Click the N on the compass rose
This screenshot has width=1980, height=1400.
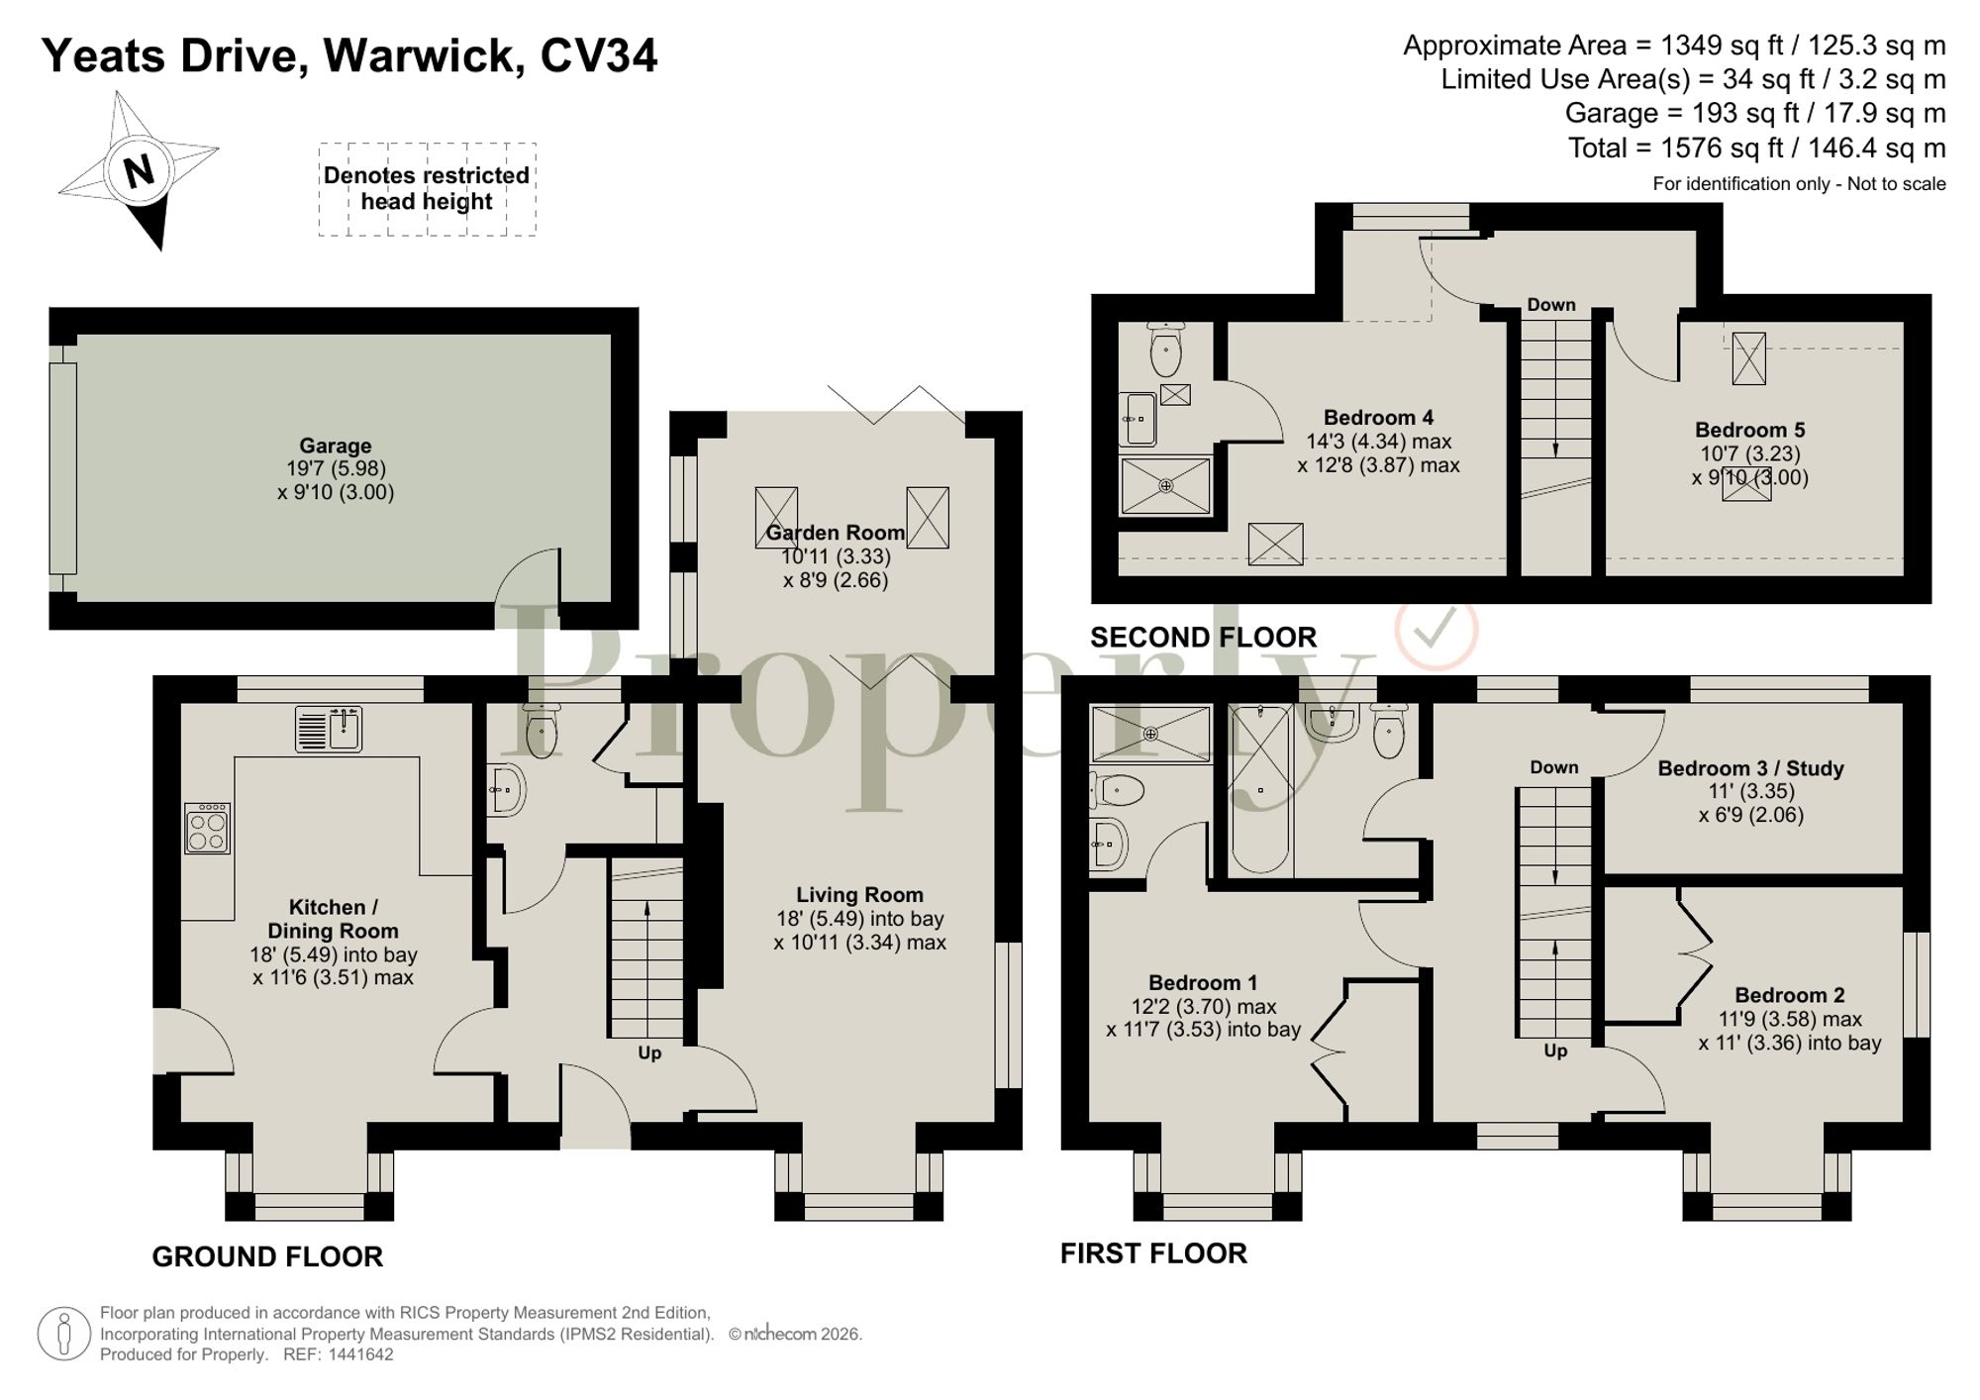(140, 171)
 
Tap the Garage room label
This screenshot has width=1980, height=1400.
(336, 446)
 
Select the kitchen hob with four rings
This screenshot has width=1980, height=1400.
(207, 828)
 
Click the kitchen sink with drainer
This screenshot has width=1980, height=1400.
(329, 729)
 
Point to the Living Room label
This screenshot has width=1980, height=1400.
(859, 895)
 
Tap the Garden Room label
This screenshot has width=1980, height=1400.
(836, 533)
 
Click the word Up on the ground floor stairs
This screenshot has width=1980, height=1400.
(649, 1052)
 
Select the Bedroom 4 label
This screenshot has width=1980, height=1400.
(1378, 418)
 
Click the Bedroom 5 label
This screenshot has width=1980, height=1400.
(1749, 430)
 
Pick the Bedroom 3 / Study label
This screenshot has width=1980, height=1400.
(1750, 768)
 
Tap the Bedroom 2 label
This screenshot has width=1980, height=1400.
(1790, 995)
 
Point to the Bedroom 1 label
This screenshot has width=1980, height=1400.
(1203, 983)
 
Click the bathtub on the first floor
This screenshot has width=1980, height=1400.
(1260, 789)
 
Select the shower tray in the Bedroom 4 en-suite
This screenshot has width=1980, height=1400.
(1165, 485)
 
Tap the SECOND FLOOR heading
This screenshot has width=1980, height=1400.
(1204, 637)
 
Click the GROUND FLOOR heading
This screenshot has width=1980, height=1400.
(267, 1256)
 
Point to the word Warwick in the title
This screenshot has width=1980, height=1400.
(424, 56)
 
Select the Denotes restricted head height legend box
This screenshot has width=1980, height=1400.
(427, 189)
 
